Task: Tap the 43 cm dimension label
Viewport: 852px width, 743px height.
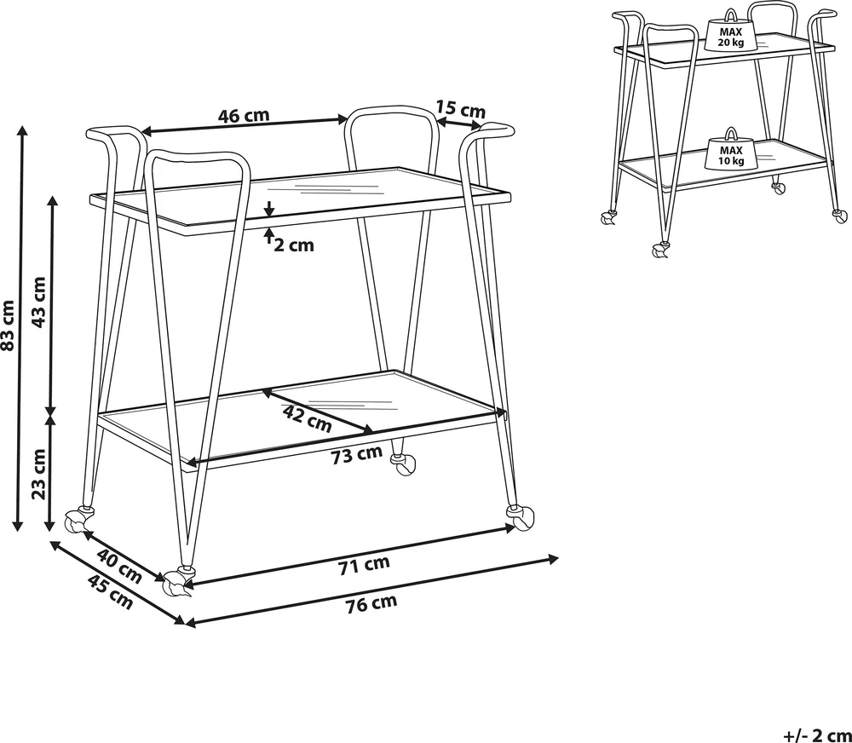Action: (39, 302)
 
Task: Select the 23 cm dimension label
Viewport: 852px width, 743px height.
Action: (39, 474)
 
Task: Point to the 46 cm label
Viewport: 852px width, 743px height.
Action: (244, 115)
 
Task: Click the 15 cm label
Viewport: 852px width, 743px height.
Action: (461, 109)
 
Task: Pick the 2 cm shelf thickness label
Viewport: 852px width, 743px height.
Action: (294, 245)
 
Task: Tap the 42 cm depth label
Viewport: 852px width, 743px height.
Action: (307, 418)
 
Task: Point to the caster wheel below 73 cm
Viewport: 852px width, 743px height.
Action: (404, 464)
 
